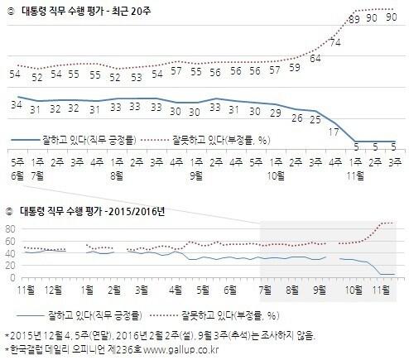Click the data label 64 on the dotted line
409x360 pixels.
315,59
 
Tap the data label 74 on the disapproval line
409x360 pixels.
335,42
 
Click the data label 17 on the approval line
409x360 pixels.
334,131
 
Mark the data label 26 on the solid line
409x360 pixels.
295,118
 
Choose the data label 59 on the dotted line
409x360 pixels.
295,67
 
